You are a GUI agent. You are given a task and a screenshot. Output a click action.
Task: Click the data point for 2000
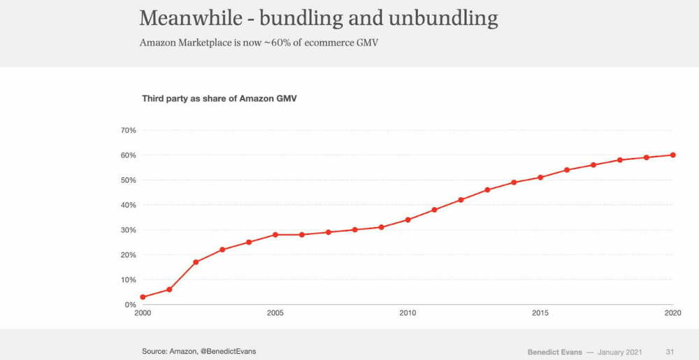point(143,297)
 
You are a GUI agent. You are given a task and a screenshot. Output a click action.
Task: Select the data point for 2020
point(672,154)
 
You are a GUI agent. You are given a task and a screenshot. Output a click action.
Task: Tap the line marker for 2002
point(196,262)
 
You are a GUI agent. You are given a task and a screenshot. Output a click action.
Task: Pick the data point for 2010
point(408,219)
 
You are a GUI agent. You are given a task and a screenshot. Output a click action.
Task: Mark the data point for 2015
point(540,177)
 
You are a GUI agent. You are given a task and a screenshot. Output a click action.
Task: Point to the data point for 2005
point(275,234)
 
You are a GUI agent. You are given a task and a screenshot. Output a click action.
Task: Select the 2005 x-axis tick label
point(275,313)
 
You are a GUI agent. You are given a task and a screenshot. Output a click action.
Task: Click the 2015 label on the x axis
point(540,313)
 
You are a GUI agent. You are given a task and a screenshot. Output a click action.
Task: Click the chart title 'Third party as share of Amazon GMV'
point(220,98)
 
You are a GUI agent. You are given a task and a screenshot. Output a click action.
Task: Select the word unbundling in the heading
point(448,18)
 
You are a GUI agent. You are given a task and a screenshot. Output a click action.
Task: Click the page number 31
point(670,350)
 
